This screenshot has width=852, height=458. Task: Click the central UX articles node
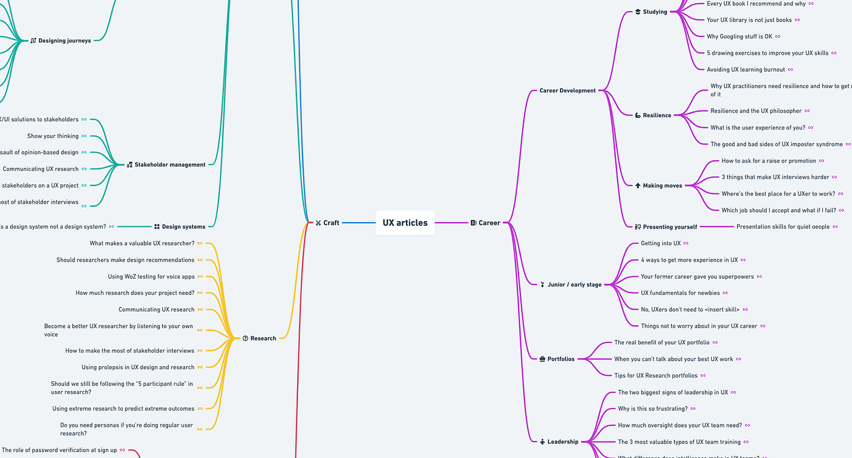point(405,223)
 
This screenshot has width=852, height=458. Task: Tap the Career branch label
point(489,223)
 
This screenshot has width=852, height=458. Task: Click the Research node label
point(263,338)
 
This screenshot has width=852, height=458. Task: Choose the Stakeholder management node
point(170,165)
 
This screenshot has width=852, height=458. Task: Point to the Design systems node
point(183,227)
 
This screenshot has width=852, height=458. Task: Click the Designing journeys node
point(65,41)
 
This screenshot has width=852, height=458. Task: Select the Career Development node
point(567,91)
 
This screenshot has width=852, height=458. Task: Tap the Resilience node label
point(657,116)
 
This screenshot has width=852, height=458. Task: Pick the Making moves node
point(662,186)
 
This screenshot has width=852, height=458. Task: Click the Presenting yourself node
point(669,227)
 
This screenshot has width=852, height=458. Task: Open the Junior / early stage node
point(574,285)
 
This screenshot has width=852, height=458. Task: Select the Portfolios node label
point(560,359)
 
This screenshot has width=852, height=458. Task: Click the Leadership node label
point(562,442)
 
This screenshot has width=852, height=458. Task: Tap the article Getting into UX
point(660,243)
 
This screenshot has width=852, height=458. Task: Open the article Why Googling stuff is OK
point(739,36)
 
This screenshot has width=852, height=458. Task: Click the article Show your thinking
point(53,136)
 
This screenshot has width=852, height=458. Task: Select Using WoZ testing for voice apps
point(151,277)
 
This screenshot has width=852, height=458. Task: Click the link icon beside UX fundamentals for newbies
point(726,293)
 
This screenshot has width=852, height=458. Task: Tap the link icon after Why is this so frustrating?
point(693,409)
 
